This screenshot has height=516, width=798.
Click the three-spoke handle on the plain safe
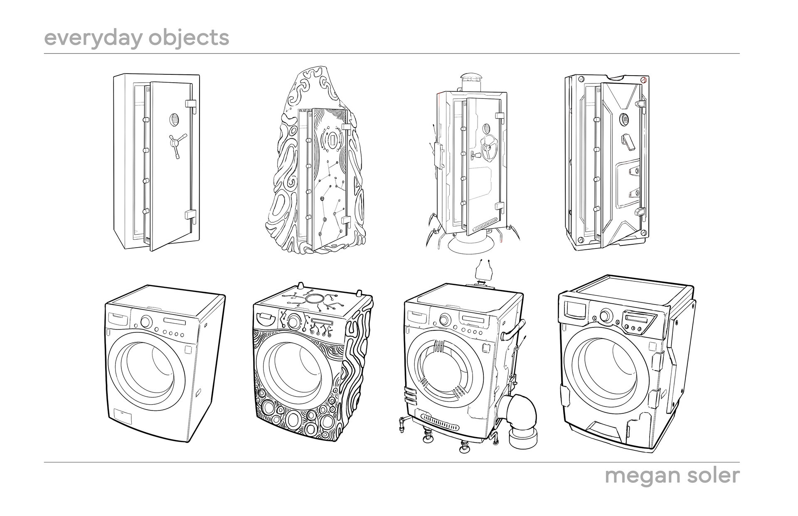point(174,143)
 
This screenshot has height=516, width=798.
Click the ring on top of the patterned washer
point(315,298)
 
